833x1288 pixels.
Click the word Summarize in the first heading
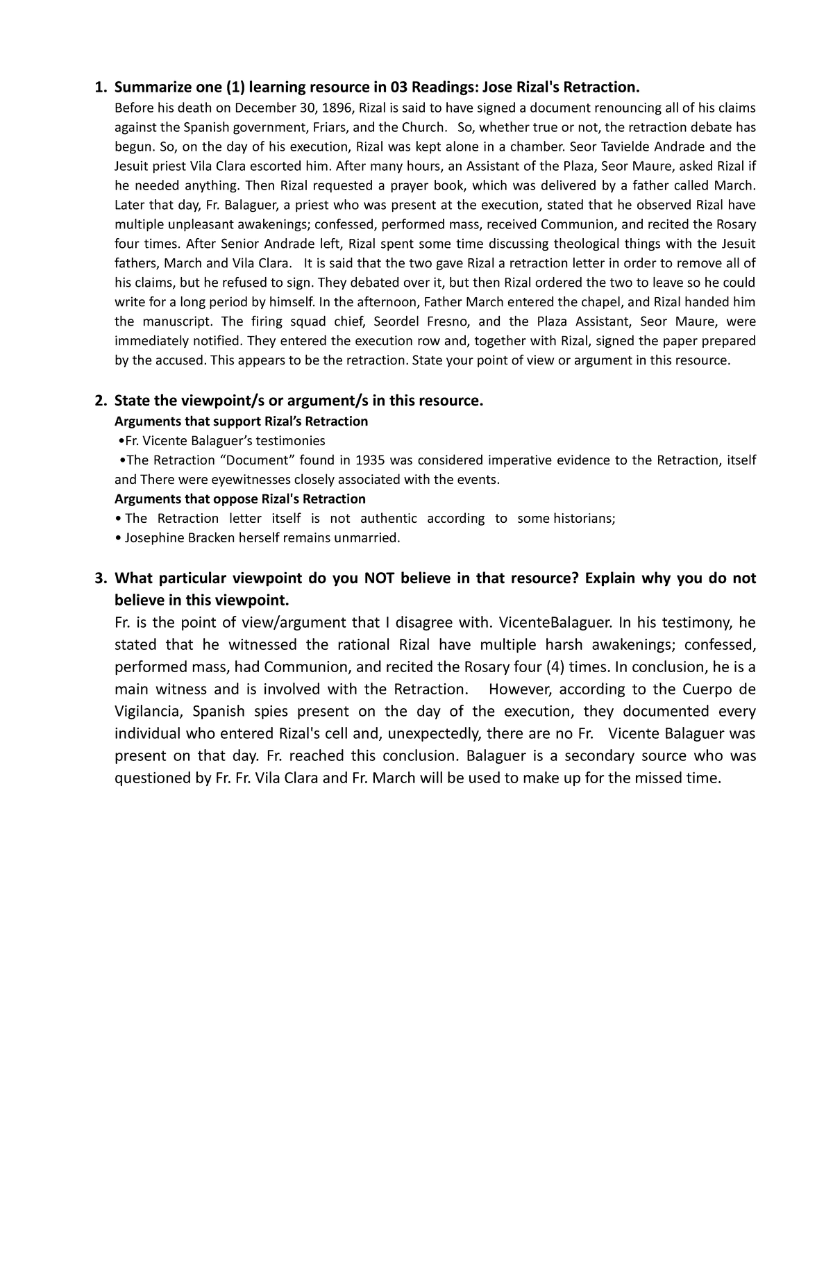click(149, 87)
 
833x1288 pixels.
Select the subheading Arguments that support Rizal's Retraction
click(241, 421)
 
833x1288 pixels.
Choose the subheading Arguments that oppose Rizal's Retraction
click(239, 499)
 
